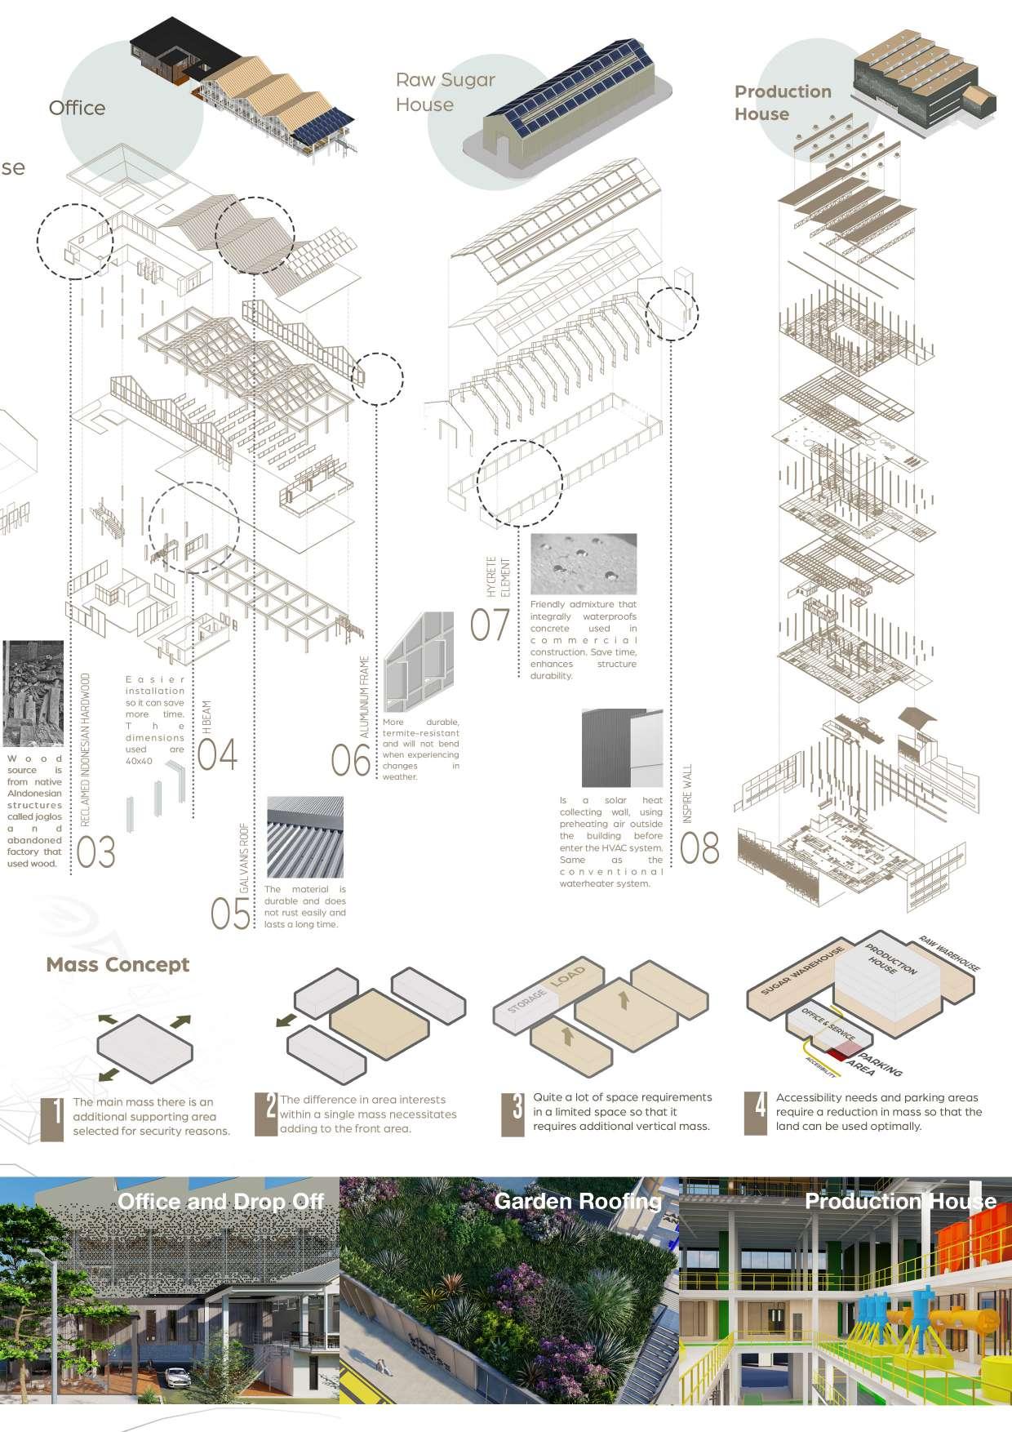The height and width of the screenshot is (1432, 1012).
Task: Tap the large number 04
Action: coord(217,754)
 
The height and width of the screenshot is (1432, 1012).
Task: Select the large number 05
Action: coord(230,914)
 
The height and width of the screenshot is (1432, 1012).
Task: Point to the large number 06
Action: coord(350,761)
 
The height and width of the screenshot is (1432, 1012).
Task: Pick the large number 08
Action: coord(699,849)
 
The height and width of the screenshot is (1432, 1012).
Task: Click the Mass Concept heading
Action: coord(118,964)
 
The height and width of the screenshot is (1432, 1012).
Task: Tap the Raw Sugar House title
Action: coord(446,92)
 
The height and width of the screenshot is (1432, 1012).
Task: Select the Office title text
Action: coord(77,108)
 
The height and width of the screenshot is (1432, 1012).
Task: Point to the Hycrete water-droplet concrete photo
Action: coord(583,564)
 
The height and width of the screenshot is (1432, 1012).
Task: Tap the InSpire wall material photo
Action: coord(622,748)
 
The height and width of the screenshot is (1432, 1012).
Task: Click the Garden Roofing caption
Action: coord(578,1200)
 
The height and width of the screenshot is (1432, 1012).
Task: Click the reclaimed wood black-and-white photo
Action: coord(33,693)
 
